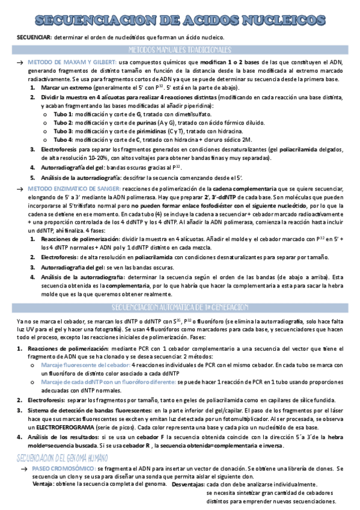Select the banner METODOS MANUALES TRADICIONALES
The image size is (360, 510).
point(180,49)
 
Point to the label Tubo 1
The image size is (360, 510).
point(63,114)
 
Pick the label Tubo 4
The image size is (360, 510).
point(63,140)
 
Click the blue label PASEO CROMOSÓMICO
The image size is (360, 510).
point(63,467)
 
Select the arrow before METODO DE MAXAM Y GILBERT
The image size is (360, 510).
point(20,63)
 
